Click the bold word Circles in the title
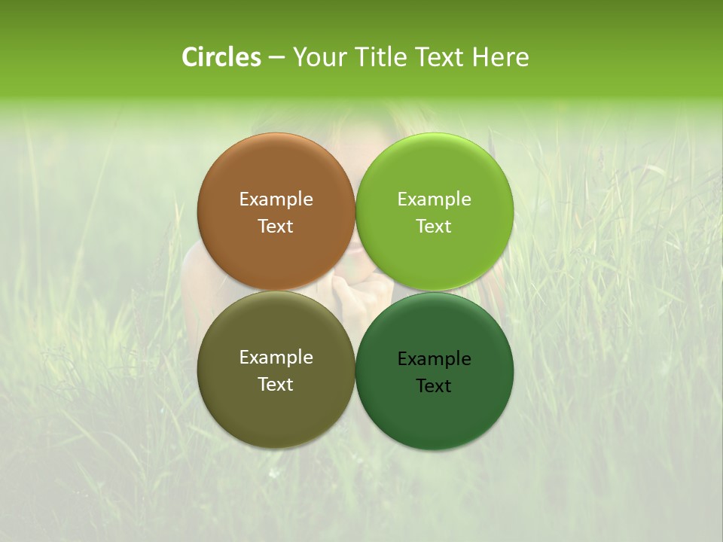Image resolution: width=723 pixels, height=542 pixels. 221,57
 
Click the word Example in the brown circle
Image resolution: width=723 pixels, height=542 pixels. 276,199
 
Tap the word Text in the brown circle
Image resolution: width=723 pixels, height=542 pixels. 276,227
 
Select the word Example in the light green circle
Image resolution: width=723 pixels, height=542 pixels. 435,199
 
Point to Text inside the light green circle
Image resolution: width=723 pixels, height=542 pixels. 435,227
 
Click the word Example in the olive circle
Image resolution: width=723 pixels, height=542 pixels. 276,358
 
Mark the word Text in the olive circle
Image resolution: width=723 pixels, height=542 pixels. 276,385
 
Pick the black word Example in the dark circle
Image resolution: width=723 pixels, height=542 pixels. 435,359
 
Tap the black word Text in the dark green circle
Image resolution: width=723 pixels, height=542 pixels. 435,386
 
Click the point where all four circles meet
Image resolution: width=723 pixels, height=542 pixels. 355,291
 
